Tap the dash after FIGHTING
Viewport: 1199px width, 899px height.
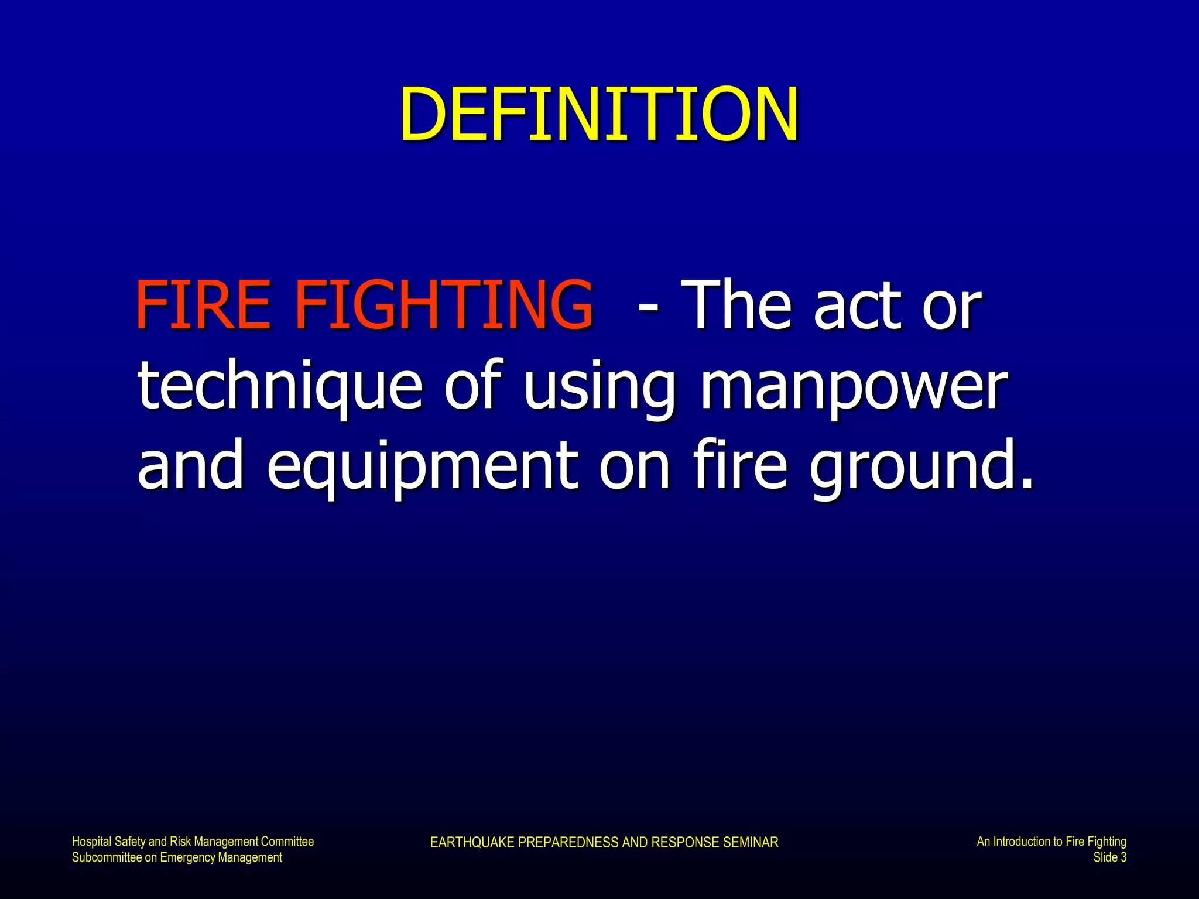648,306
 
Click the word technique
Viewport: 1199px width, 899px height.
279,386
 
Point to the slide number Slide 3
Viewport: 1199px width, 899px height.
1109,857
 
